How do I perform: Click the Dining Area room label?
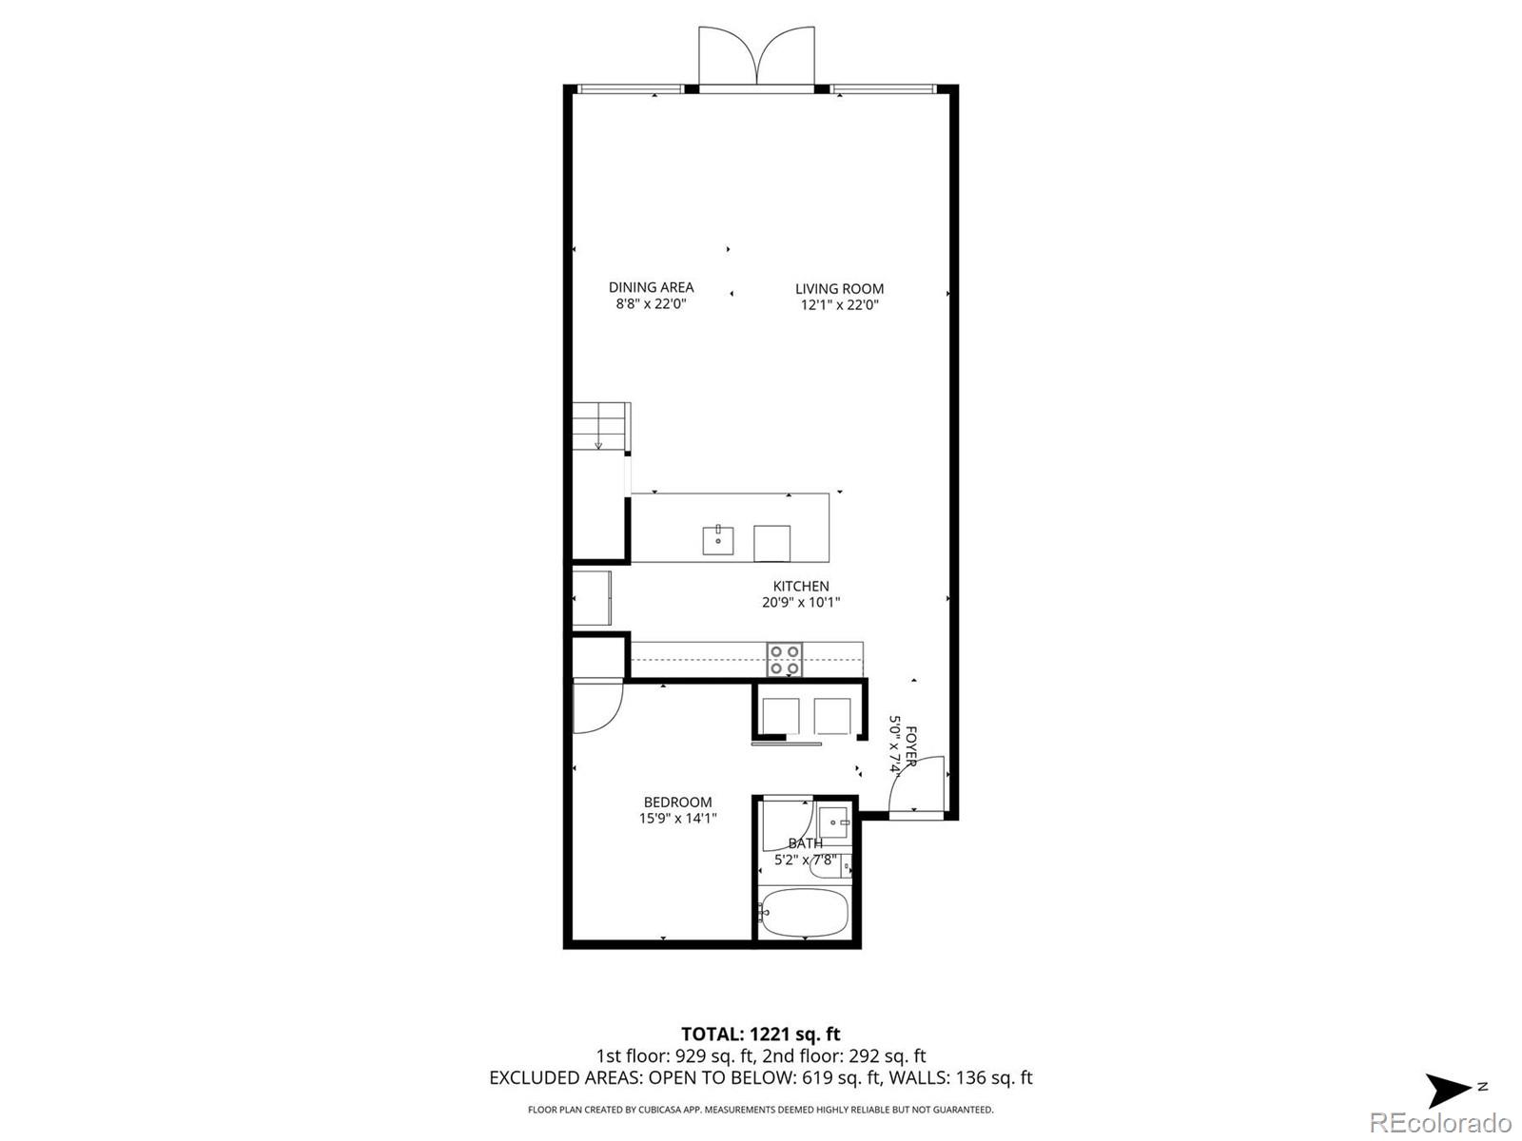click(651, 287)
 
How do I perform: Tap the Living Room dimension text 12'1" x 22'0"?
click(839, 305)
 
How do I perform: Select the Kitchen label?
click(800, 587)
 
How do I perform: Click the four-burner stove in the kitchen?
click(785, 660)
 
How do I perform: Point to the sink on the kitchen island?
click(718, 540)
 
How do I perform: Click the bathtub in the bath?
click(804, 912)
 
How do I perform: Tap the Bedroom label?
click(677, 803)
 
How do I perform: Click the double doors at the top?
click(756, 57)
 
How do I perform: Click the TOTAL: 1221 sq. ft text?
click(760, 1034)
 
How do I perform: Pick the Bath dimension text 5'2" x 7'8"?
click(805, 861)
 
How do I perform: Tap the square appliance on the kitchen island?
click(771, 543)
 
